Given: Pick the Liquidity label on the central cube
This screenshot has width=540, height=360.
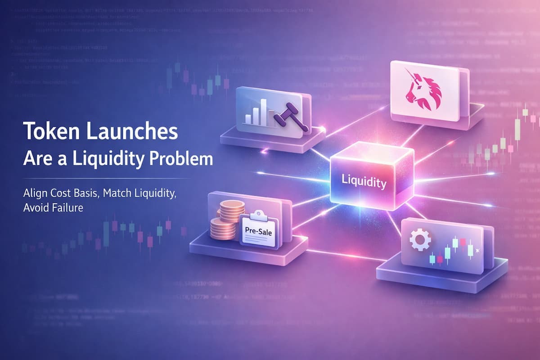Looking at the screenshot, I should tap(364, 184).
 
